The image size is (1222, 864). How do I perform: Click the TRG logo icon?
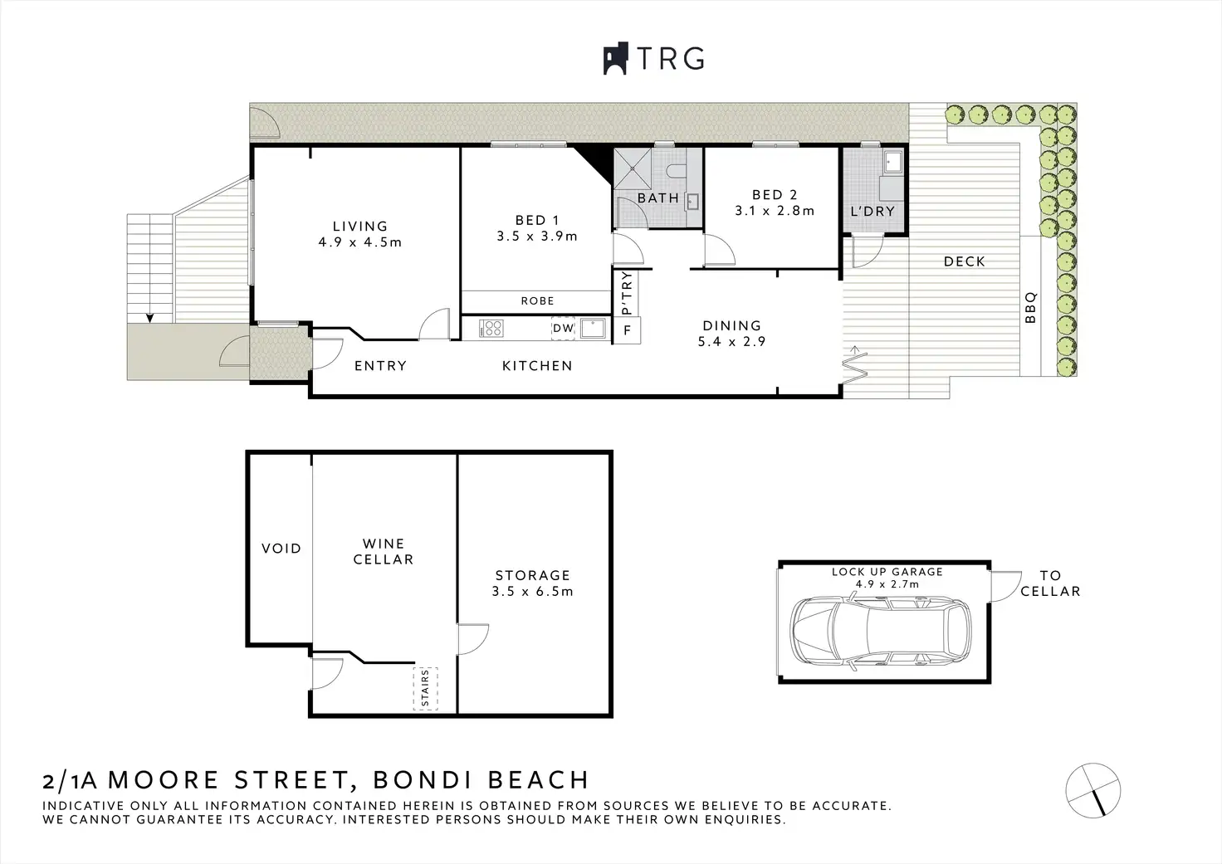point(615,58)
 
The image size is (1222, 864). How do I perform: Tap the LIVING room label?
point(360,226)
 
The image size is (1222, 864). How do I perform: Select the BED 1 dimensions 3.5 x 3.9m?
point(537,237)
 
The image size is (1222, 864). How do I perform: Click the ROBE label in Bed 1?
point(537,300)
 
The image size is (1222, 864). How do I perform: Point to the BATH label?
point(658,198)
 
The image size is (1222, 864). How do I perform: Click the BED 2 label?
point(775,195)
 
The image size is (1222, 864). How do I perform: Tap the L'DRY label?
point(873,211)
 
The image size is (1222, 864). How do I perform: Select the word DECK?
point(965,261)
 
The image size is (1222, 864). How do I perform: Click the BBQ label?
point(1030,308)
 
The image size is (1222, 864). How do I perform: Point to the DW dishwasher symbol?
point(563,329)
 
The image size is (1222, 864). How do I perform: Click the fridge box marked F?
point(627,330)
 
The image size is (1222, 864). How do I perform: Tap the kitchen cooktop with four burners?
point(491,329)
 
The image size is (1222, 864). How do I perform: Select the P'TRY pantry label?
point(626,294)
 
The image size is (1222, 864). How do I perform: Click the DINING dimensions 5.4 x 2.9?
point(731,341)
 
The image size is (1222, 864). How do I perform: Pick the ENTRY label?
point(381,365)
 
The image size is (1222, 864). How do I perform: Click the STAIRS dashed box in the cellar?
point(426,688)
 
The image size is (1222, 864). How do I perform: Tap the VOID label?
point(281,548)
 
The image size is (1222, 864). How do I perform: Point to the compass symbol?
point(1092,790)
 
